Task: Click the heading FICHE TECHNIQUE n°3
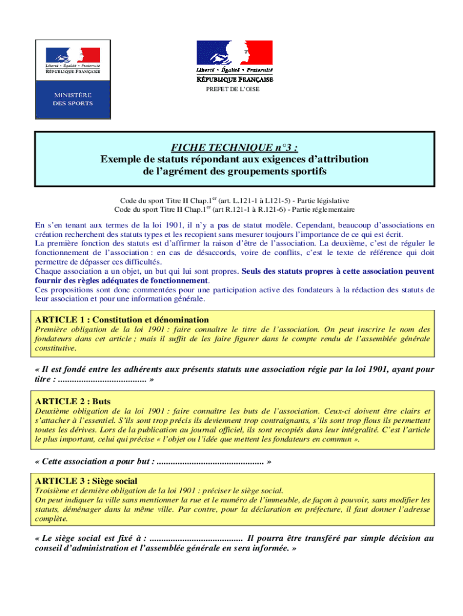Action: point(234,148)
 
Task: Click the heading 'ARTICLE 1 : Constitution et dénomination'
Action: point(122,319)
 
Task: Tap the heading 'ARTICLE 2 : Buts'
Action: point(73,401)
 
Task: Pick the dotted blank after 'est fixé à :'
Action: point(196,538)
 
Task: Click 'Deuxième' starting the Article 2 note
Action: point(52,411)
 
